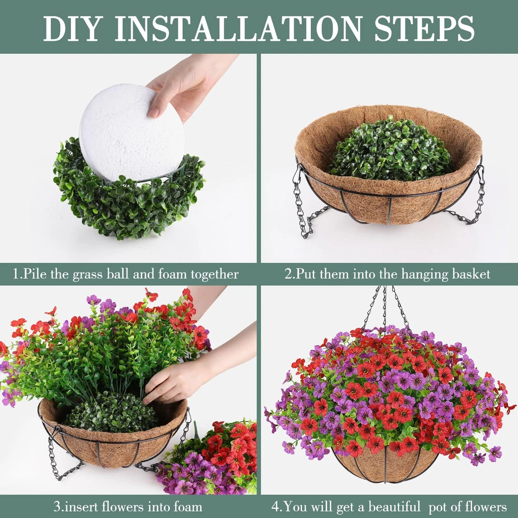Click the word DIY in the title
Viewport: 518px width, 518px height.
(71, 28)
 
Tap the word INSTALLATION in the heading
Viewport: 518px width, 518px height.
(238, 28)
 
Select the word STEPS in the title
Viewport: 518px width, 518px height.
(425, 28)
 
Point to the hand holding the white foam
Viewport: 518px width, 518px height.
(185, 85)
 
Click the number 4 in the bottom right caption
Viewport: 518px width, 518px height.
(275, 507)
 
